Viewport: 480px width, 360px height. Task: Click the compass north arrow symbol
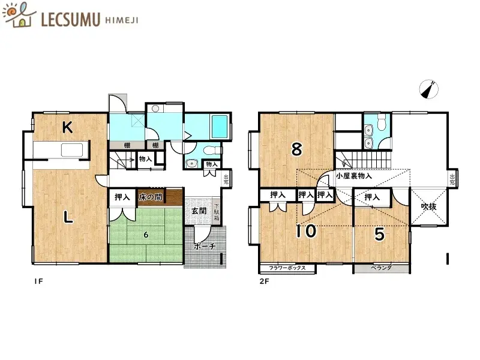coord(429,89)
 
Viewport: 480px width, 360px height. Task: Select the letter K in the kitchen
coord(68,127)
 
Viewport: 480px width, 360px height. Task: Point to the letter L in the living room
coord(69,218)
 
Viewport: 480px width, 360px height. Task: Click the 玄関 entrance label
coord(199,211)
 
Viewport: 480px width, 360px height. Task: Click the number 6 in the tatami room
coord(145,235)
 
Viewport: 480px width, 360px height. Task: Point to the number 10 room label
coord(307,231)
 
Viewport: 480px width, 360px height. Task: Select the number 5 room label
coord(379,235)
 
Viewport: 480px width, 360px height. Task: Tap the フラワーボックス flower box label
coord(287,268)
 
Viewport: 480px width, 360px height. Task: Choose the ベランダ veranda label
coord(381,268)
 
